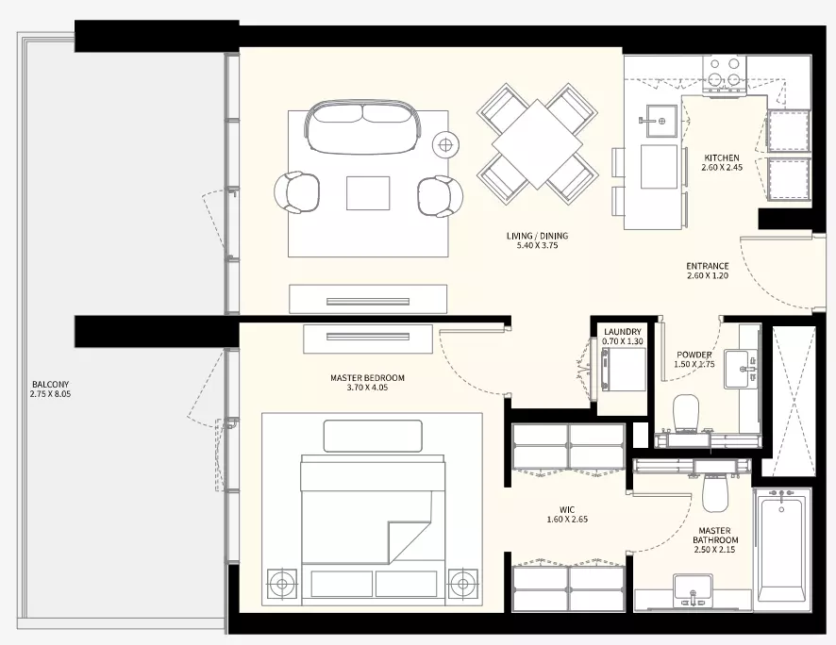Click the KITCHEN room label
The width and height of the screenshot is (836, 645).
722,157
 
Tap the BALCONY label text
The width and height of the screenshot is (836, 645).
50,384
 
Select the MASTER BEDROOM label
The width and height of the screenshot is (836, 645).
367,377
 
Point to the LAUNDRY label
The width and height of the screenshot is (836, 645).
622,332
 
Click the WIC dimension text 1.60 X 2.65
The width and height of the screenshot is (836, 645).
567,520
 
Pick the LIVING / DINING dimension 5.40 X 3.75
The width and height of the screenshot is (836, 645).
538,245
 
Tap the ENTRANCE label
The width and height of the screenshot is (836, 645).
708,266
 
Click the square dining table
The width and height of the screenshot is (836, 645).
538,144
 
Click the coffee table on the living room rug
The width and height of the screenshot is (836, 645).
368,192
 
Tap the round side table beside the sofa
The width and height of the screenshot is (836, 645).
445,144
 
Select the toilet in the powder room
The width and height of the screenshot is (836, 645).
686,412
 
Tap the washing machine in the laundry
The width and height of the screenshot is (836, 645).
623,369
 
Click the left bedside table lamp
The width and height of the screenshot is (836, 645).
282,584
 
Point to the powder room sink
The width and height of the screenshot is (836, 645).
741,369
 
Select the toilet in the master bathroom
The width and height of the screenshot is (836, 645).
715,492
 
